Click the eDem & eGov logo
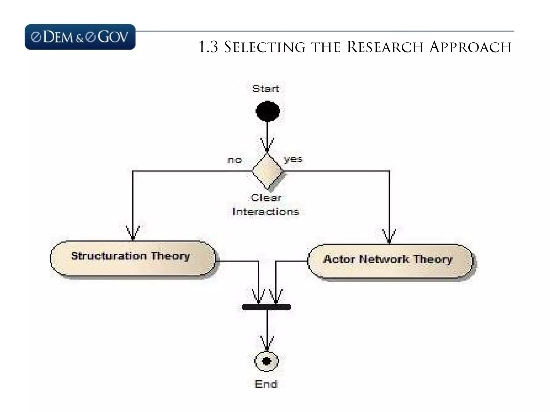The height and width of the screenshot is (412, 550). coord(80,37)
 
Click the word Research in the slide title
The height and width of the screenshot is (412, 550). coord(385,47)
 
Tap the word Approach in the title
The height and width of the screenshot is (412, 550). coord(470,47)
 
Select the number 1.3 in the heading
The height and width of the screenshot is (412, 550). coord(208,47)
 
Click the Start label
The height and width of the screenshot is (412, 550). coord(266,89)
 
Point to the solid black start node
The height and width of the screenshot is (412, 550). coord(267,111)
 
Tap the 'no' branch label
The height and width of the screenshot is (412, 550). coord(235,160)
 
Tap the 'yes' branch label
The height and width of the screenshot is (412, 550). coord(293,159)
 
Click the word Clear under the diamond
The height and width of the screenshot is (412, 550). coord(266,198)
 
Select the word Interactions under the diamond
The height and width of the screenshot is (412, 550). coord(266,212)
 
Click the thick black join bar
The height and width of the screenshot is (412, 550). coord(266,307)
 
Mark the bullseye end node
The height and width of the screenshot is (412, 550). coord(266,361)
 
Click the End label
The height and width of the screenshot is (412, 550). coord(266,384)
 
